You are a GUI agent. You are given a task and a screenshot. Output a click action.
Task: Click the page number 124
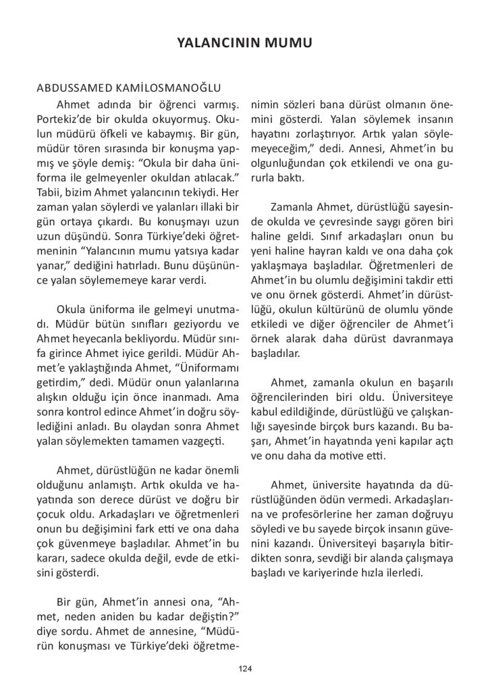[245, 668]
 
